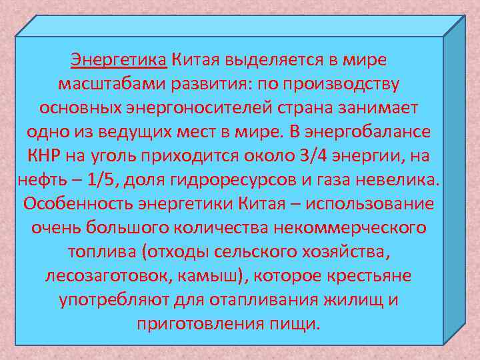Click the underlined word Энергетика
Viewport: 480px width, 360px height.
[x=119, y=59]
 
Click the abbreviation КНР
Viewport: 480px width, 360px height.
[x=44, y=156]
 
